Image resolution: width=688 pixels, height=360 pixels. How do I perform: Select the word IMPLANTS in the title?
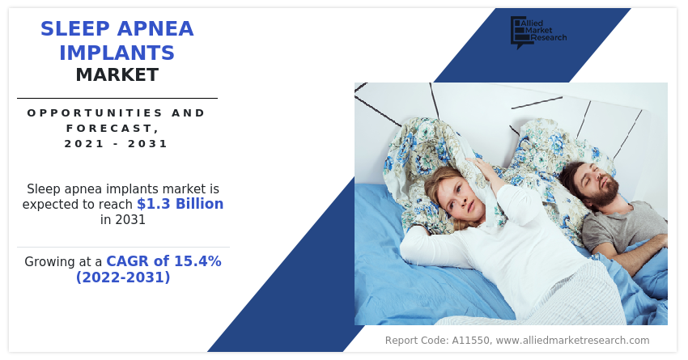click(117, 53)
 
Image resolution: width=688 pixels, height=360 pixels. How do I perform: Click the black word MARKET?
click(117, 75)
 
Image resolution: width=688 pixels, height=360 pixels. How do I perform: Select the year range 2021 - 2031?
click(117, 143)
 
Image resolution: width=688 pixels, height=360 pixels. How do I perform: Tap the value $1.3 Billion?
click(180, 204)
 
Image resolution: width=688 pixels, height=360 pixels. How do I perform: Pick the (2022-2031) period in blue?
click(123, 277)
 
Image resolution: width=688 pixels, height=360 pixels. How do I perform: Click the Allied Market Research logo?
click(538, 32)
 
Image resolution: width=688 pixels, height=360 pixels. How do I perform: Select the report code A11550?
click(471, 341)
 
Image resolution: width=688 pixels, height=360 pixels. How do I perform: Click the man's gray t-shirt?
click(623, 227)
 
